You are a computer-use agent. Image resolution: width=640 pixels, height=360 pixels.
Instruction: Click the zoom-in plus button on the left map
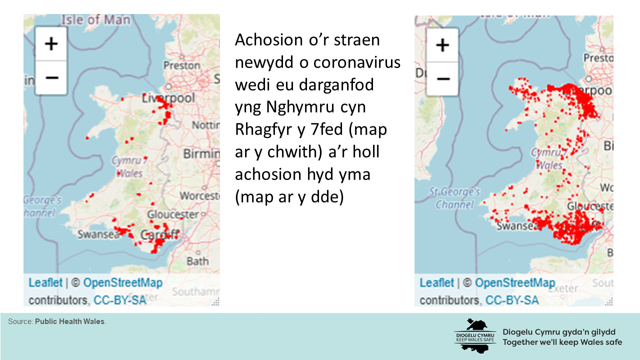tap(51, 44)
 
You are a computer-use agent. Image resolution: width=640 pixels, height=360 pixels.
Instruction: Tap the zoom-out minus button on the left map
tap(51, 77)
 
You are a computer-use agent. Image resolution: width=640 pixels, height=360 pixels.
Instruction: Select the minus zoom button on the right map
tap(442, 79)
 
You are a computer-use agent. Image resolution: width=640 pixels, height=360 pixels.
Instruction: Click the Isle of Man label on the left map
tap(96, 20)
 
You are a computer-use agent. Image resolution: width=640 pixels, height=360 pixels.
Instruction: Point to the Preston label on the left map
tap(182, 65)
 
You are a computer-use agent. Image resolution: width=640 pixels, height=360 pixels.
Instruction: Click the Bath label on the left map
tap(197, 260)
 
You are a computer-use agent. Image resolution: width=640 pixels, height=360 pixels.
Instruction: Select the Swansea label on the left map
tap(98, 234)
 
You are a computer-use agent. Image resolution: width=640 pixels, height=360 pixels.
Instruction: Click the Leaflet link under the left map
tap(45, 282)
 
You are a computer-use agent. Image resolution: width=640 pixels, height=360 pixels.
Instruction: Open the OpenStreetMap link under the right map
tap(515, 283)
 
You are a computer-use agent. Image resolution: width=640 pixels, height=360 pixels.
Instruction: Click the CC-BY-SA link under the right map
tap(512, 300)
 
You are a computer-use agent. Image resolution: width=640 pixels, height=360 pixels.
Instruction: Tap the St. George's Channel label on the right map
tap(455, 198)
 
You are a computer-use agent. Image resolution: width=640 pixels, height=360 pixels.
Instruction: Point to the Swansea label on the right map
tap(517, 226)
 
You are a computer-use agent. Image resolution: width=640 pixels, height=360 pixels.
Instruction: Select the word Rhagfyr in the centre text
tap(264, 129)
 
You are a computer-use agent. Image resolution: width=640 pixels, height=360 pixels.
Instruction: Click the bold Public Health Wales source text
tap(70, 321)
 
